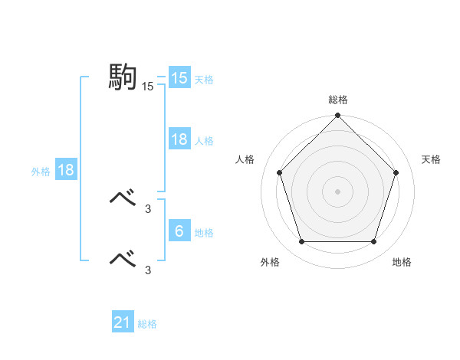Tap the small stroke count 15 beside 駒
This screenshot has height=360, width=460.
pyautogui.click(x=147, y=87)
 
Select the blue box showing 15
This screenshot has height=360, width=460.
pyautogui.click(x=179, y=78)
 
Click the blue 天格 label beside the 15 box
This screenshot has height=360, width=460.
pyautogui.click(x=204, y=79)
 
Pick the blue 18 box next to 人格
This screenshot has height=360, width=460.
pyautogui.click(x=179, y=139)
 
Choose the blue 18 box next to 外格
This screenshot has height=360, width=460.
pyautogui.click(x=66, y=170)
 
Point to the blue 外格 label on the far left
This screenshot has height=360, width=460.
pyautogui.click(x=41, y=172)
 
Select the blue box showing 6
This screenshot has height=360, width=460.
pyautogui.click(x=179, y=231)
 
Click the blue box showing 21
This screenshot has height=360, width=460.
pyautogui.click(x=123, y=322)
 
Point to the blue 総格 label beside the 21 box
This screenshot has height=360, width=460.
pyautogui.click(x=147, y=324)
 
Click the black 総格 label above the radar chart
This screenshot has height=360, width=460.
pyautogui.click(x=337, y=100)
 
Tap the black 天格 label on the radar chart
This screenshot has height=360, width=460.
pyautogui.click(x=432, y=159)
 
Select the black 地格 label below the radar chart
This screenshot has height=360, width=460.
pyautogui.click(x=402, y=262)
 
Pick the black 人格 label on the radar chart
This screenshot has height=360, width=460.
pyautogui.click(x=245, y=159)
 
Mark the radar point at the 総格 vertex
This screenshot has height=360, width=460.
pyautogui.click(x=337, y=116)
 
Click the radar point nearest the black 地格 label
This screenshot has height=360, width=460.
pyautogui.click(x=374, y=242)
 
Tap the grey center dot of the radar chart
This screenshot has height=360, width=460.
pyautogui.click(x=337, y=191)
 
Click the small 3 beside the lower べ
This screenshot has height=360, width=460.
pyautogui.click(x=147, y=270)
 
